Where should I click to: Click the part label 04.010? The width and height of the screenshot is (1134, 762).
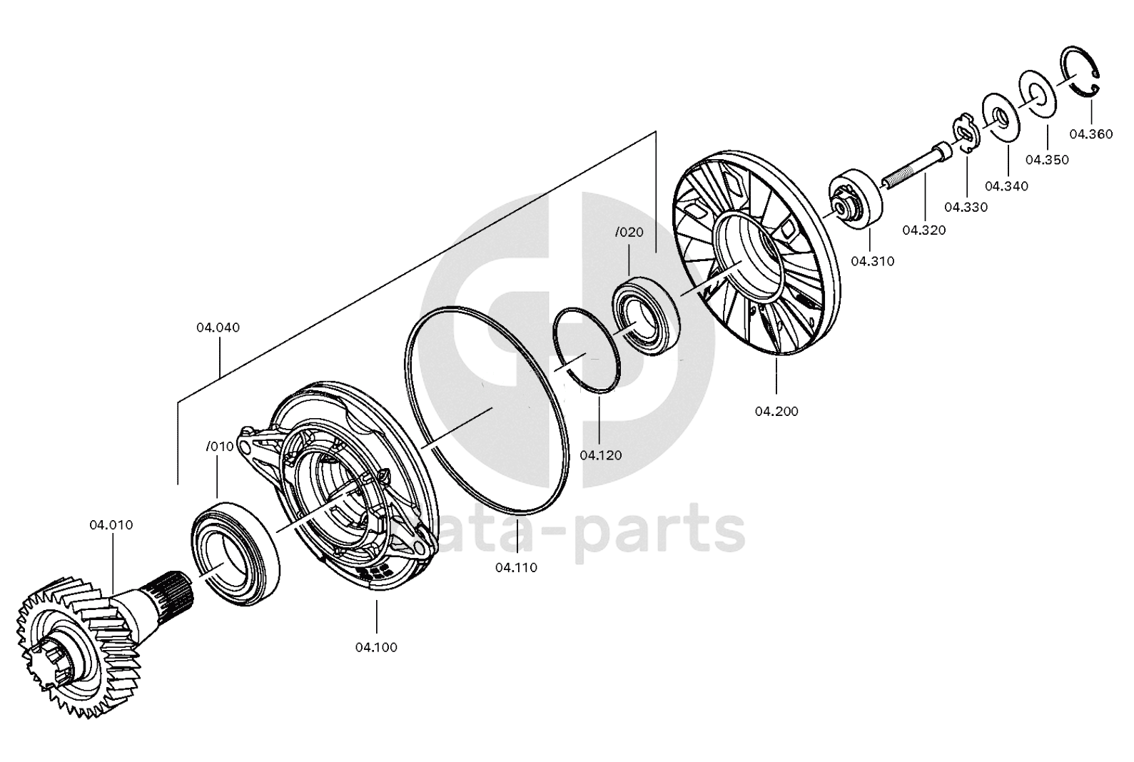[111, 525]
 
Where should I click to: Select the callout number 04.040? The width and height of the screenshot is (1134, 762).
[218, 328]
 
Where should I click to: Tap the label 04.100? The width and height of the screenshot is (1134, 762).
[376, 647]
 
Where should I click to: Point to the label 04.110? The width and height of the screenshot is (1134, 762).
[517, 568]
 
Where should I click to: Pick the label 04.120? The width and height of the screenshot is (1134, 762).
[601, 455]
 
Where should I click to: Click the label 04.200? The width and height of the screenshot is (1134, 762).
[776, 412]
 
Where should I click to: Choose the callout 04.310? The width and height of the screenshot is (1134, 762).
[873, 262]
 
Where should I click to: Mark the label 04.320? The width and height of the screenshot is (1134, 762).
[924, 230]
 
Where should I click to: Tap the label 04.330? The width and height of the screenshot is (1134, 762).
[966, 208]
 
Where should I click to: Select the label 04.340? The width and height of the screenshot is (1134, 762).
[1007, 186]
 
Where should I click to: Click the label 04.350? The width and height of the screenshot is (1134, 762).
[1048, 160]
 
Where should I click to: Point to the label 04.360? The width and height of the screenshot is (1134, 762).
[1091, 134]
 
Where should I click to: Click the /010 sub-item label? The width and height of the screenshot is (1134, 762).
[221, 447]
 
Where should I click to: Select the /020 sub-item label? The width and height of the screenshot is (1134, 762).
[629, 233]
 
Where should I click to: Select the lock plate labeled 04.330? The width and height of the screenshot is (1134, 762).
[966, 133]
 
